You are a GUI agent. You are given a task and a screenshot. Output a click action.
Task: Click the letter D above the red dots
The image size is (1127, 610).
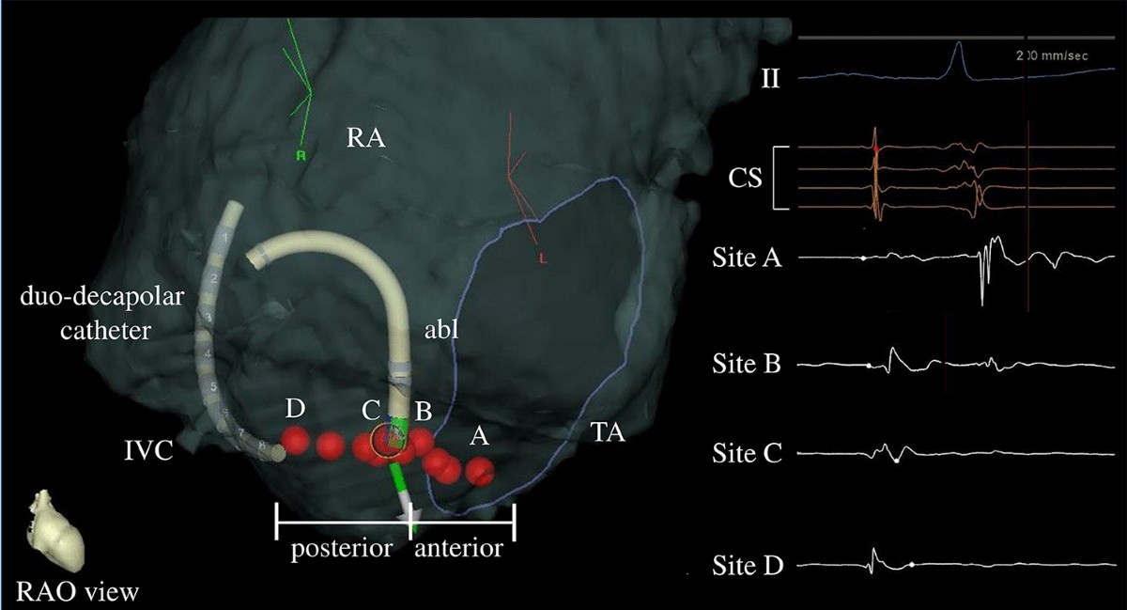click(296, 409)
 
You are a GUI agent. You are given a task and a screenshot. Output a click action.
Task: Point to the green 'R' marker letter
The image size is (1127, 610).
click(301, 157)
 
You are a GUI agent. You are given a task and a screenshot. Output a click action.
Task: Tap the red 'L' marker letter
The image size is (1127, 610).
click(542, 257)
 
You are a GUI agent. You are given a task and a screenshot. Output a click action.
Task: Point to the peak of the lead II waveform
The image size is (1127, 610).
click(956, 44)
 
